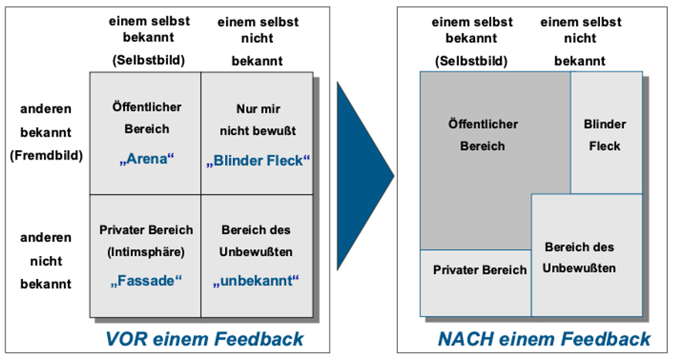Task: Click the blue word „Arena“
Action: [147, 159]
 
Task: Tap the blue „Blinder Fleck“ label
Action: [258, 160]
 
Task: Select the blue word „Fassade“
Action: [147, 281]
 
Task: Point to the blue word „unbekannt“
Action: [256, 281]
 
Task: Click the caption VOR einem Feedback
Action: [204, 339]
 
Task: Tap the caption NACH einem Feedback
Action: [544, 339]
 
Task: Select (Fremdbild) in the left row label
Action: [46, 155]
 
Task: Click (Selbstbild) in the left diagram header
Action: [149, 60]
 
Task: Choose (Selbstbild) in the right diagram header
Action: [471, 61]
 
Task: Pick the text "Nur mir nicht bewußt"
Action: [258, 119]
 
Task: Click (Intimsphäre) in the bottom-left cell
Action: [147, 252]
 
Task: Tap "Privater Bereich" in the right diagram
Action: [480, 270]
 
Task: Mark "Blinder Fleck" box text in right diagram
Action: [605, 135]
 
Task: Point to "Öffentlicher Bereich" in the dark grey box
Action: [483, 135]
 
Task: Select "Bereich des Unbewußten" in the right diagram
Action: [579, 257]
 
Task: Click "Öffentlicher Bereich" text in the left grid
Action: [147, 118]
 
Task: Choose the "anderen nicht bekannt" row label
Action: [46, 261]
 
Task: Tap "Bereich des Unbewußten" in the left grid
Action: [256, 241]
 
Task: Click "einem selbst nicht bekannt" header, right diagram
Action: [581, 41]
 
